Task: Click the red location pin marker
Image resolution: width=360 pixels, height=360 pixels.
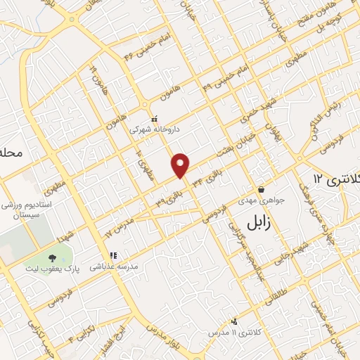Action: (x=181, y=165)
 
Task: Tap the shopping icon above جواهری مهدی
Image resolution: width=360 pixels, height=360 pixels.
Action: (x=261, y=188)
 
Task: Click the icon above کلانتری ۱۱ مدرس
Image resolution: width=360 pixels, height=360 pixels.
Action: (x=233, y=321)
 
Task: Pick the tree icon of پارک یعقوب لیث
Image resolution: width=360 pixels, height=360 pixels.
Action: (x=53, y=257)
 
